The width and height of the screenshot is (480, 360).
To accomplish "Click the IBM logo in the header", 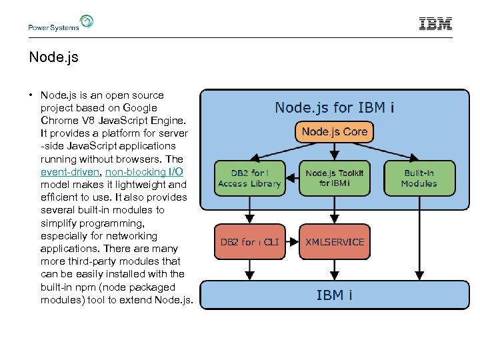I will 435,24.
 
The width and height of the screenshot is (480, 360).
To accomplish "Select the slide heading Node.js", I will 54,57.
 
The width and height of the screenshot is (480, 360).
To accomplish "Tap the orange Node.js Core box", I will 334,131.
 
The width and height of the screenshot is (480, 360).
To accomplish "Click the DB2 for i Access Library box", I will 249,178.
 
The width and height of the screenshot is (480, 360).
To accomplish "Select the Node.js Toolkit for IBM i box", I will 334,178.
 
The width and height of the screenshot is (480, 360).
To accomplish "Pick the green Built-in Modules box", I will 419,178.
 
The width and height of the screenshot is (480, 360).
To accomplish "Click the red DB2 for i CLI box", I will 249,241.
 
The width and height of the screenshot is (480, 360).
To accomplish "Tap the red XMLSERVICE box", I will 334,241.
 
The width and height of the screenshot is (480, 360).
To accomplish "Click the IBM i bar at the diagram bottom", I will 334,295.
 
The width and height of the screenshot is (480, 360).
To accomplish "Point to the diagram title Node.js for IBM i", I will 334,107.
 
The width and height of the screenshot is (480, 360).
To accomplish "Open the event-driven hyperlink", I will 70,172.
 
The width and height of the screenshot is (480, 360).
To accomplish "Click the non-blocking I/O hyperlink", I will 145,172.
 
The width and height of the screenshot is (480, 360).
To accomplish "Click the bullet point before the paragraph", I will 31,95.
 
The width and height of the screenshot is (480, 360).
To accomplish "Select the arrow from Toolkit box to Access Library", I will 292,178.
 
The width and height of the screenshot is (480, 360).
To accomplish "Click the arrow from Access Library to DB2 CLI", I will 249,210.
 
